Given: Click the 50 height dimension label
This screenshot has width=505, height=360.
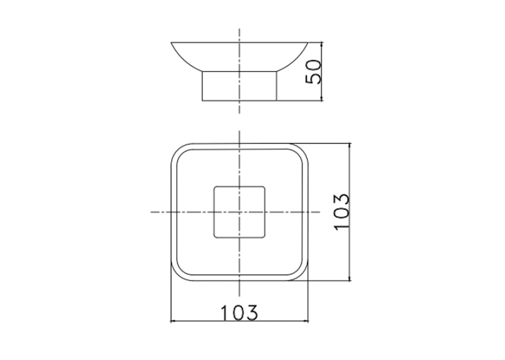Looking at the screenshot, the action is [314, 72].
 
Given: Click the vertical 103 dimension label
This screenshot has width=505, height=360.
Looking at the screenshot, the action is [342, 212].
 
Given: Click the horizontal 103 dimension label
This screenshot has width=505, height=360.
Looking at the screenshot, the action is [239, 312].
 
